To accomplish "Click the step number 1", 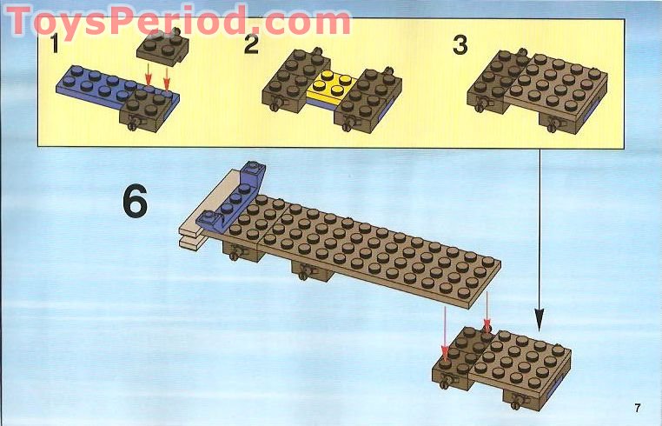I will tap(55, 43).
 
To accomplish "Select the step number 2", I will tap(251, 44).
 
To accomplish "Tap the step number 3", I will tap(460, 44).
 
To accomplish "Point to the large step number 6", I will tap(135, 202).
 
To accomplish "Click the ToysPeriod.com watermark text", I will tap(178, 21).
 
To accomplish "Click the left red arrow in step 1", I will tap(149, 74).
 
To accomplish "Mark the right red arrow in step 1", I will tap(167, 78).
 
